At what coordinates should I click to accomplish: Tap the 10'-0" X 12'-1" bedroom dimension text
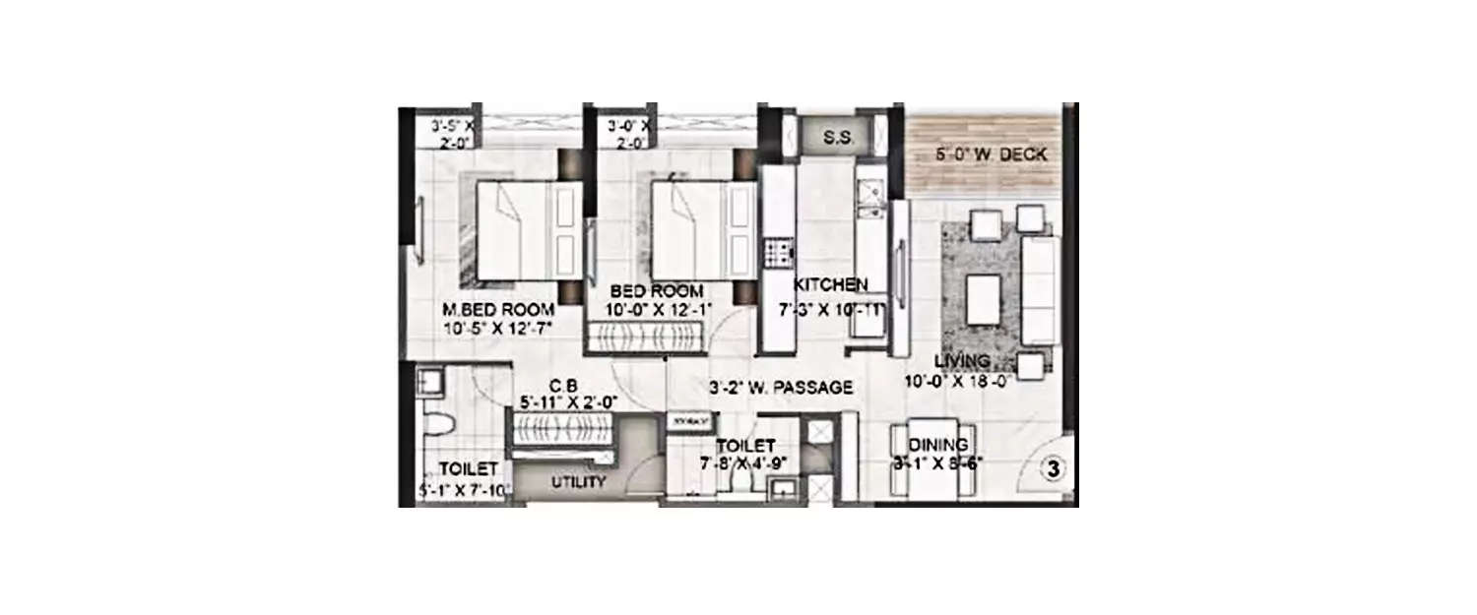coord(657,310)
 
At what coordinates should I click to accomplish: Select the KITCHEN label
coord(831,284)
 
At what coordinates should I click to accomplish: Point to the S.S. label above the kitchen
coord(838,136)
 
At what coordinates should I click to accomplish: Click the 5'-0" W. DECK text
coord(990,154)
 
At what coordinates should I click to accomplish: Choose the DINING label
coord(937,445)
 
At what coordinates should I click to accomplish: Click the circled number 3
coord(1053,469)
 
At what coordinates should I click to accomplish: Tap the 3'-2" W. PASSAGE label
coord(780,388)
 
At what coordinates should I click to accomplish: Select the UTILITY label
coord(578,483)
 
